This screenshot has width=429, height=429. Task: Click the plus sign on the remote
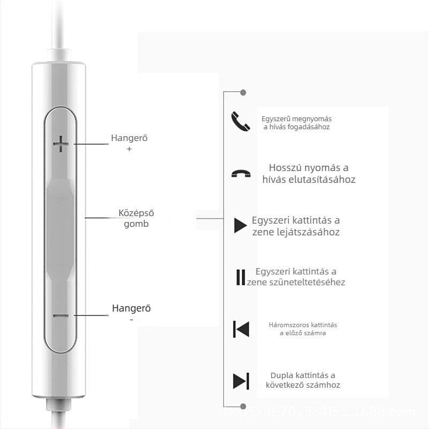coord(61,144)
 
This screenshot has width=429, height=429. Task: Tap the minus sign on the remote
coord(61,315)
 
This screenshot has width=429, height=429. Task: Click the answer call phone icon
coord(240,121)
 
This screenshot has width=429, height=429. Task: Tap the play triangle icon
coord(240,226)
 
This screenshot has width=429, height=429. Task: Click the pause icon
coord(240,277)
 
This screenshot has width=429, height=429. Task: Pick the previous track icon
coord(241,329)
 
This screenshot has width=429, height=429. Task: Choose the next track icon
coord(241,380)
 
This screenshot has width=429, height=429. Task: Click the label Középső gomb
coord(136,218)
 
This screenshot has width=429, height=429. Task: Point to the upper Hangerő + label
coord(129,143)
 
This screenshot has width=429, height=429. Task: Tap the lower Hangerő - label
coord(131,313)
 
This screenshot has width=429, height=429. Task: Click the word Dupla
coord(282,375)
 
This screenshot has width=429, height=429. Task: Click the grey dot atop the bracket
coord(243,93)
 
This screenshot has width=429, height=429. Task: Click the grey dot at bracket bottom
coord(243,406)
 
